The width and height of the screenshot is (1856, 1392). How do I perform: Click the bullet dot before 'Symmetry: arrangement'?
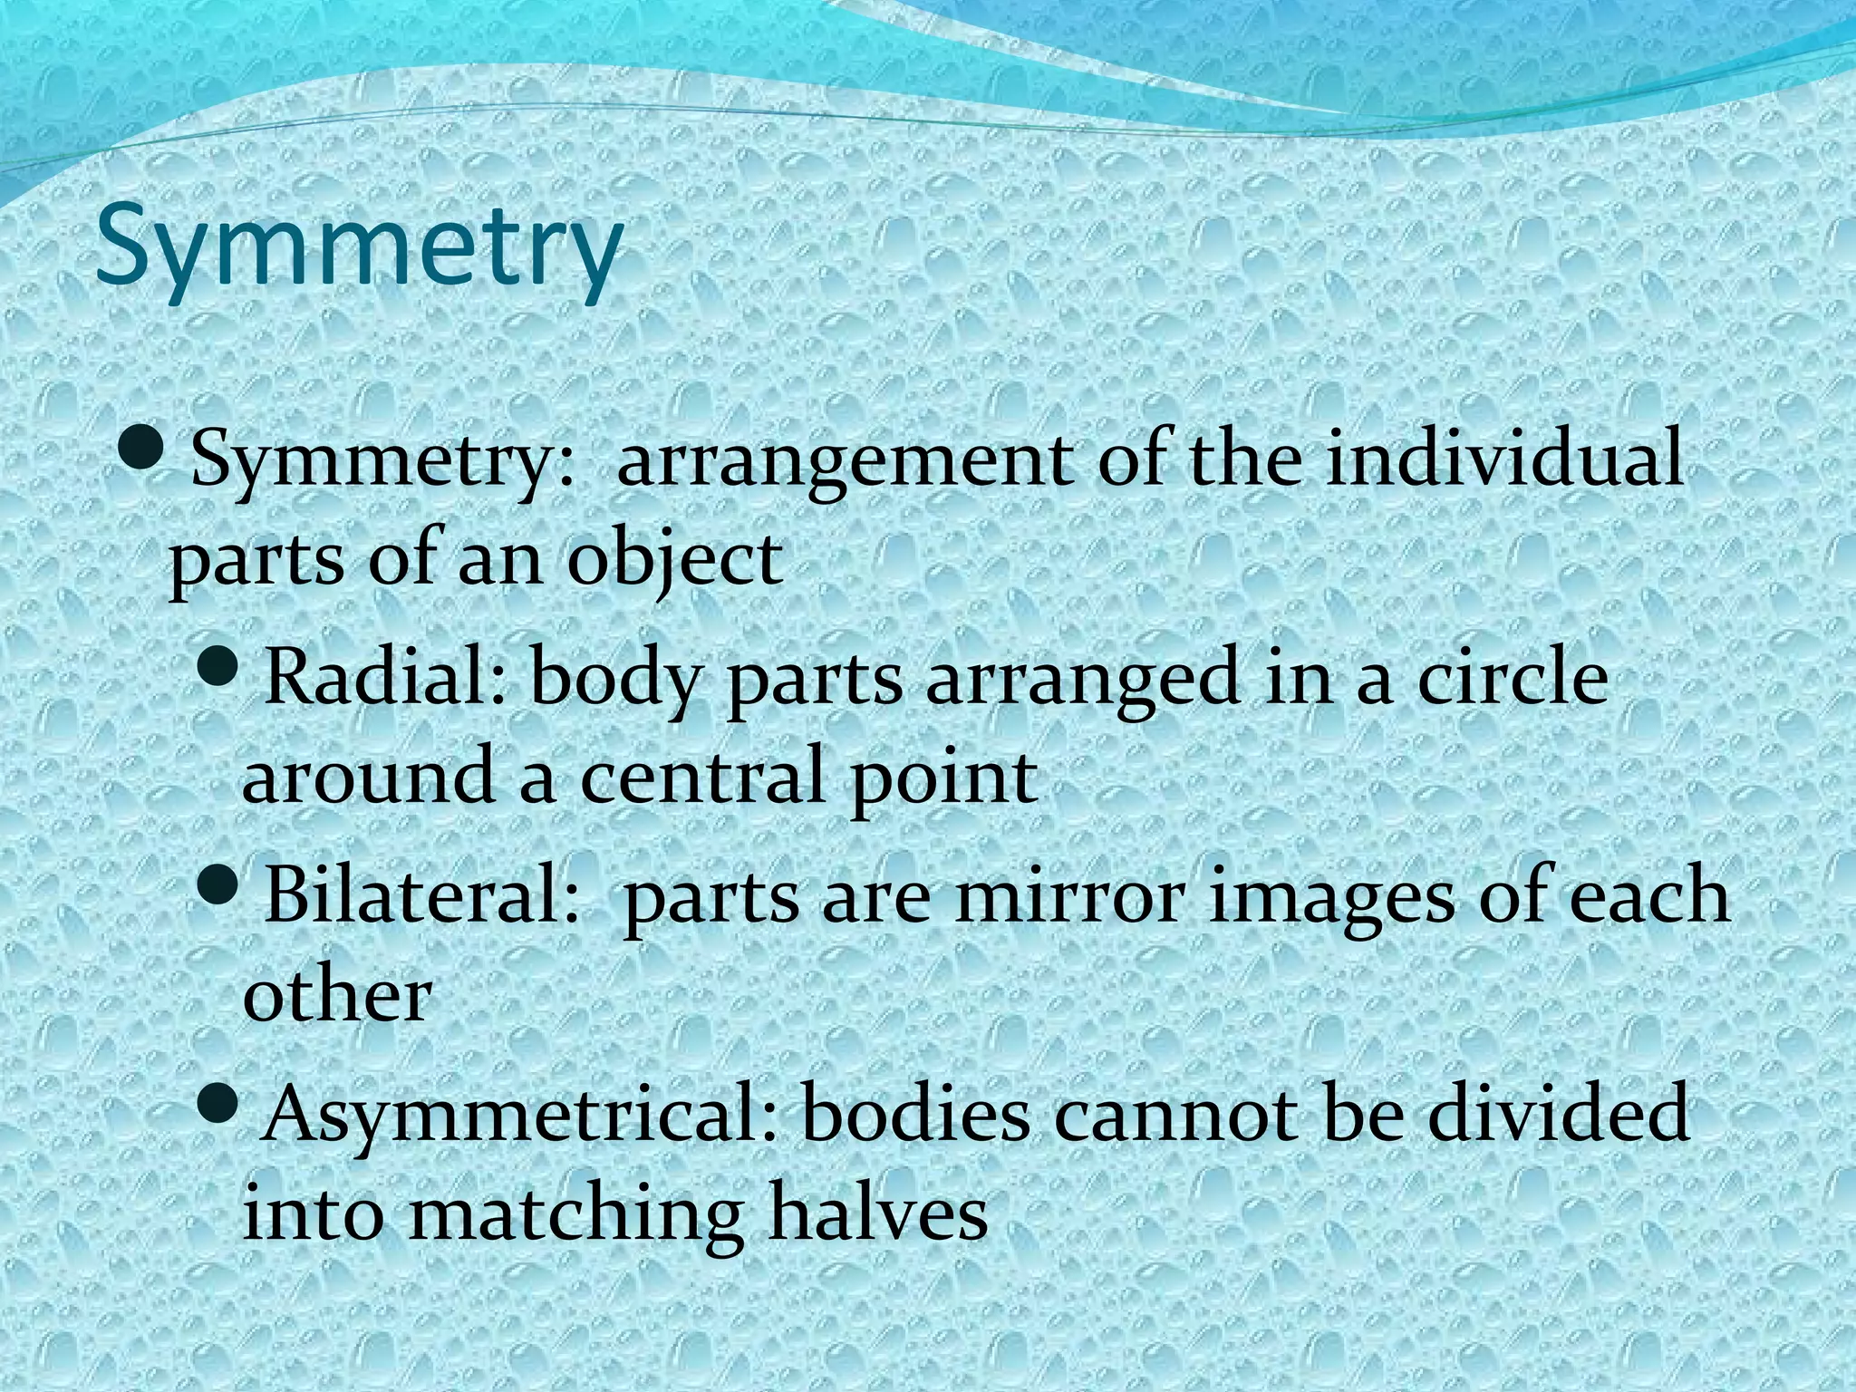[x=141, y=449]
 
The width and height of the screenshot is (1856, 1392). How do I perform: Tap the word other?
[x=336, y=995]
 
